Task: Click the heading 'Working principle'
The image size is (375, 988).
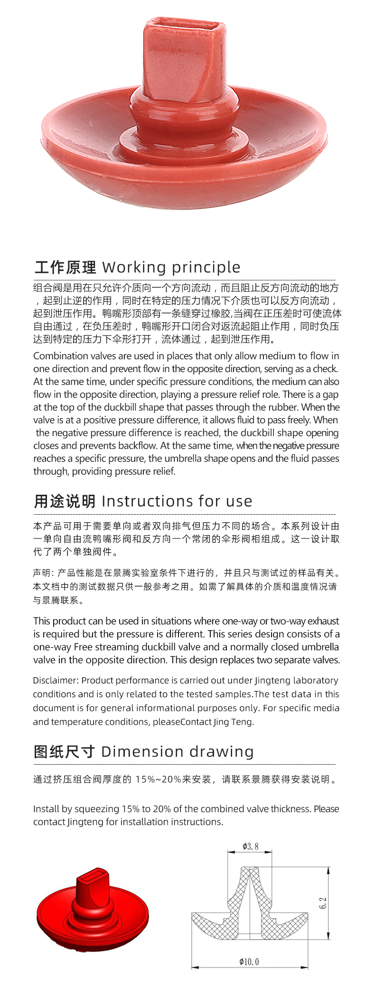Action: (x=171, y=268)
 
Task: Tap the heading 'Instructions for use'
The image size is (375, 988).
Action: (x=177, y=501)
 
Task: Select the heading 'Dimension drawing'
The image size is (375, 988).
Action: (x=177, y=752)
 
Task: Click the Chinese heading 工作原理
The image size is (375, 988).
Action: (x=65, y=268)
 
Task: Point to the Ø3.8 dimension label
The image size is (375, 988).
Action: (x=250, y=846)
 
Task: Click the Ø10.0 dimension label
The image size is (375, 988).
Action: (x=249, y=962)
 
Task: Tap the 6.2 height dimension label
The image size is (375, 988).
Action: (x=323, y=903)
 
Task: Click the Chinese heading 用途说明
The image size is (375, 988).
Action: (x=65, y=501)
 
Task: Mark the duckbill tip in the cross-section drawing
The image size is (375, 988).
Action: (x=250, y=870)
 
